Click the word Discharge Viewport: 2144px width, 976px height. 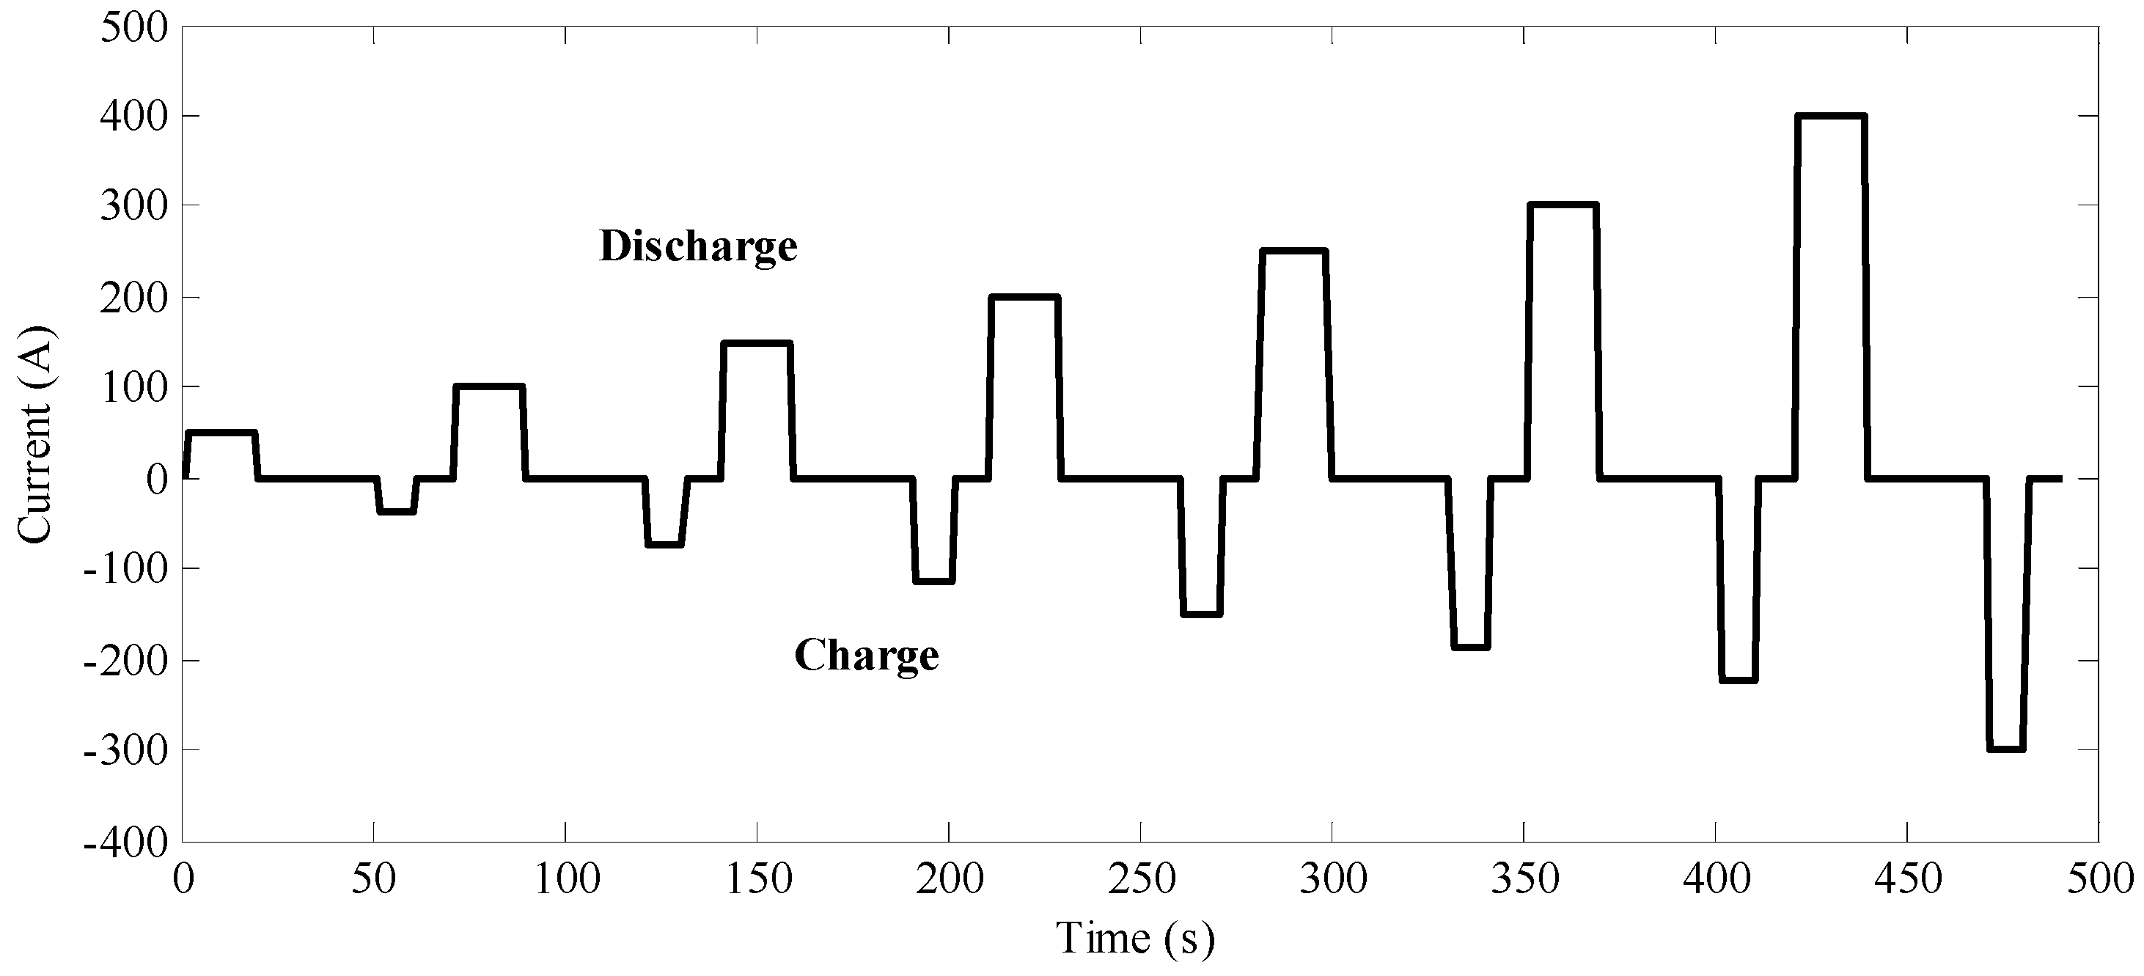[698, 247]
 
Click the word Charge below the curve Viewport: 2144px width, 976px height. [867, 655]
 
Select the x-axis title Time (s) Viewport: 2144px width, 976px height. [1135, 939]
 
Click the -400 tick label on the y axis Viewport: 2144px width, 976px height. [125, 842]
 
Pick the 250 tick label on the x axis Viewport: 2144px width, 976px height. [1141, 879]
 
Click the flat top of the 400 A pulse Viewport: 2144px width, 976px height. [1830, 116]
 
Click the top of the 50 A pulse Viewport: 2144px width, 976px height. [221, 433]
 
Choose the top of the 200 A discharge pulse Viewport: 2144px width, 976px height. [1024, 296]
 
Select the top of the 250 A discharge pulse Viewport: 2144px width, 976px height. [1293, 251]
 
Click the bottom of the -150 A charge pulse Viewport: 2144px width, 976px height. [1201, 614]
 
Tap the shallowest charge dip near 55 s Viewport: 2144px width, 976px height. [396, 512]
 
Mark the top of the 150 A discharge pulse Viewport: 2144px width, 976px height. [756, 342]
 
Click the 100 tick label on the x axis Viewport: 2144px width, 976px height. [566, 879]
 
